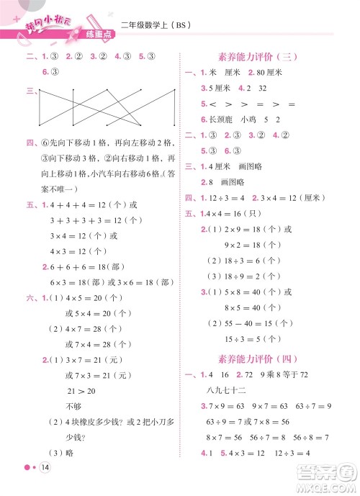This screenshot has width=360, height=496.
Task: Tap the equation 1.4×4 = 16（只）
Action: pos(238,214)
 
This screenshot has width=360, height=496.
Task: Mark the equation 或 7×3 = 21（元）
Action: pos(94,375)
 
